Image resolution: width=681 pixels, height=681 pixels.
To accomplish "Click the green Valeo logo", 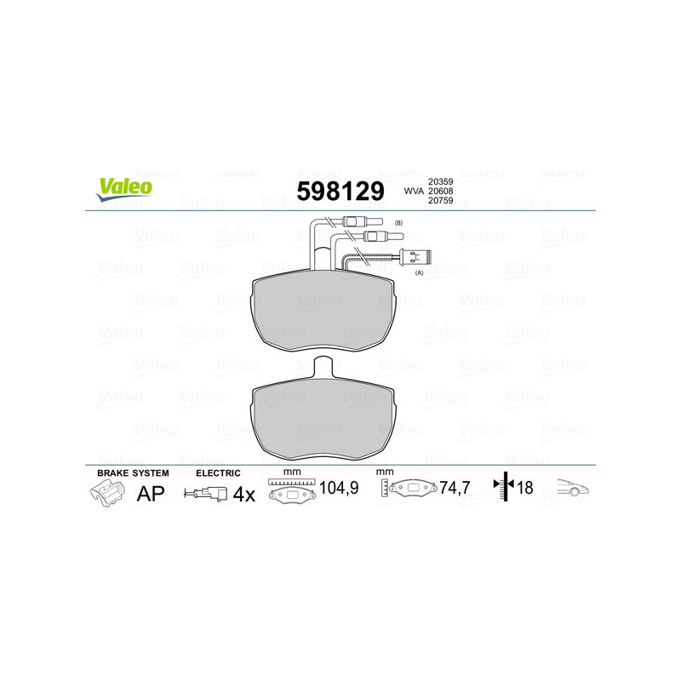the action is pyautogui.click(x=124, y=189).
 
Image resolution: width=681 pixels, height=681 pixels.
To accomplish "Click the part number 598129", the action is pyautogui.click(x=340, y=191).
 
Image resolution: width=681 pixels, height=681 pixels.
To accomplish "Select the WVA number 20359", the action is pyautogui.click(x=440, y=181).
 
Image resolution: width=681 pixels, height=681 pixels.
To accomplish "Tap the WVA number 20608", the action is pyautogui.click(x=440, y=191).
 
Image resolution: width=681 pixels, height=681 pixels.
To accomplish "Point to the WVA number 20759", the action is pyautogui.click(x=440, y=201).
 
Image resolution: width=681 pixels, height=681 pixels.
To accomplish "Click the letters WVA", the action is pyautogui.click(x=414, y=191).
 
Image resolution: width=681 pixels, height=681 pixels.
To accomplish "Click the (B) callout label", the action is pyautogui.click(x=398, y=223).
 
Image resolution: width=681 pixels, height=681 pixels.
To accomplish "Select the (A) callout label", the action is pyautogui.click(x=419, y=272).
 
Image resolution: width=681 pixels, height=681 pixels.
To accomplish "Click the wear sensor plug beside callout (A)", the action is pyautogui.click(x=415, y=257).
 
